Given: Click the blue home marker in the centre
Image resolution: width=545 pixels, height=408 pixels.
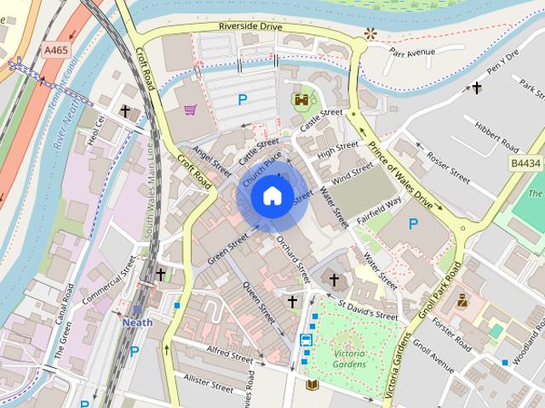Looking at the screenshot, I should point(272,196).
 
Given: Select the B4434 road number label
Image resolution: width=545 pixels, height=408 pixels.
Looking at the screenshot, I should point(525,162).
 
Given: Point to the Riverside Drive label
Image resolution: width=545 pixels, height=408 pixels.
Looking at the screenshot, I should point(250,26).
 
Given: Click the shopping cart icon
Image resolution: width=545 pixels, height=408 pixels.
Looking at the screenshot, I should point(191,109).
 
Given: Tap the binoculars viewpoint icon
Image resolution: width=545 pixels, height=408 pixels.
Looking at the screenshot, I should point(301,99).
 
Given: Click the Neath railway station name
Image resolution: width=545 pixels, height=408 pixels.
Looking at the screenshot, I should point(136,323).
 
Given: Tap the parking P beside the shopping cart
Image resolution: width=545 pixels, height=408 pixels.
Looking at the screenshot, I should point(243,100).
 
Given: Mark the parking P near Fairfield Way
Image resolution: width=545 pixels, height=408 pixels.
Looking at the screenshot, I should point(413,224).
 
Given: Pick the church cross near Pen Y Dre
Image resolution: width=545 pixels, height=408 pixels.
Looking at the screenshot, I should point(477,88).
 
